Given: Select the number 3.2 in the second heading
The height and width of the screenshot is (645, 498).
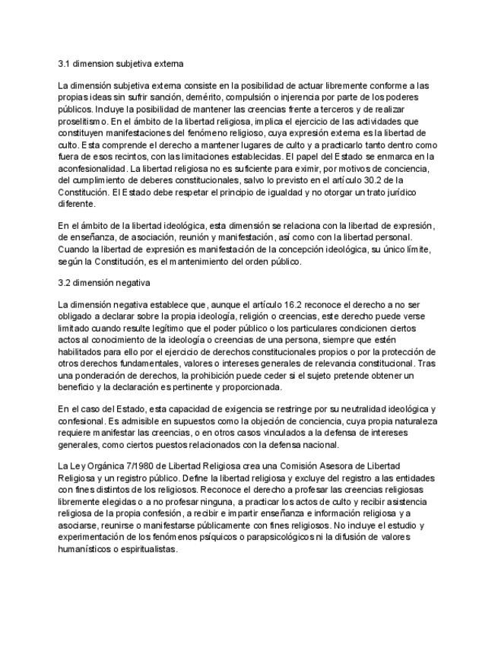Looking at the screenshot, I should [x=65, y=283].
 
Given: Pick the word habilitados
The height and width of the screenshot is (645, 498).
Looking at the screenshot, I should [x=81, y=352].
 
